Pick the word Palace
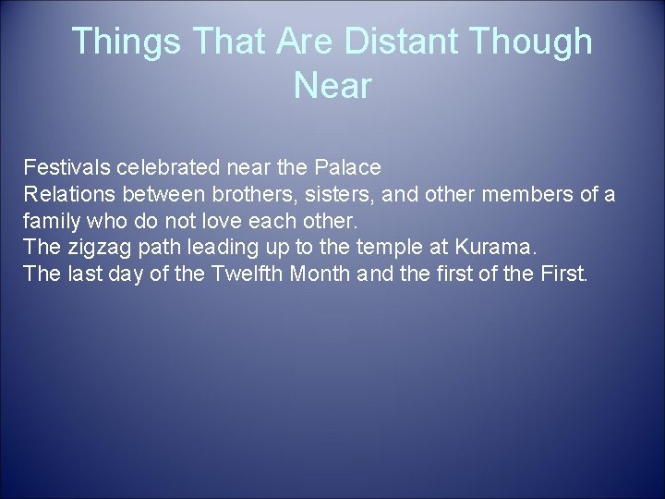point(348,169)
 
